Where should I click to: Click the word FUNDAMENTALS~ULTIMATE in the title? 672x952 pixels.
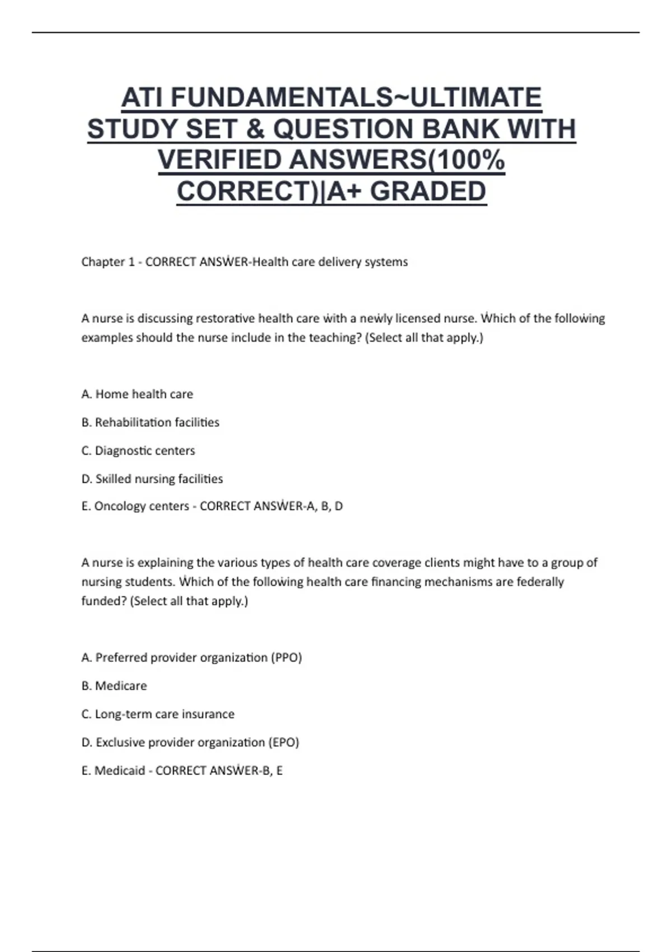coord(356,97)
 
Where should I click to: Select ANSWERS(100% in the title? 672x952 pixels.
coord(397,160)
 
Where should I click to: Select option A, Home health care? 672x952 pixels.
coord(137,394)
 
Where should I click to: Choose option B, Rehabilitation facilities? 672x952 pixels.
coord(150,422)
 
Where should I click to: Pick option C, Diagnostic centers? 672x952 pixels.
coord(138,451)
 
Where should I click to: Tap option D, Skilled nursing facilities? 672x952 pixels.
coord(152,479)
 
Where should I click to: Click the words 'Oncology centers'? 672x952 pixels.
coord(142,506)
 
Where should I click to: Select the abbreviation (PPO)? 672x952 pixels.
coord(286,657)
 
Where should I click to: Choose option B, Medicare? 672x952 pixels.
coord(114,686)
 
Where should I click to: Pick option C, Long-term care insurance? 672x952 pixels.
coord(158,714)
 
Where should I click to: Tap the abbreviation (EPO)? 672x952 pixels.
coord(284,743)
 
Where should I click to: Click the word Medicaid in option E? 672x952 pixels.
coord(120,771)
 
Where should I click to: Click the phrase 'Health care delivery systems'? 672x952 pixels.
coord(330,262)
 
